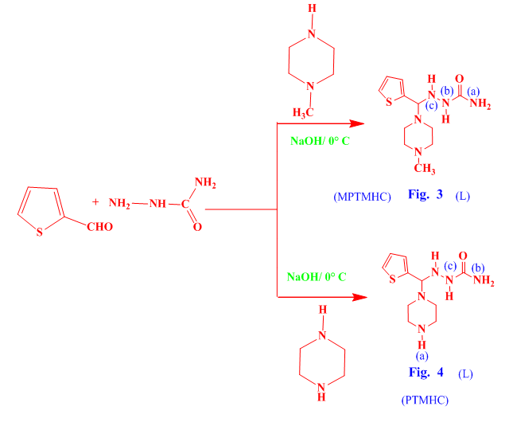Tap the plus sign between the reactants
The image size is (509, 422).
pyautogui.click(x=96, y=202)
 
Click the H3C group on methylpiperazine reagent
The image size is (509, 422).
pyautogui.click(x=304, y=112)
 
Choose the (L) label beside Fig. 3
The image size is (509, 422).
pyautogui.click(x=463, y=196)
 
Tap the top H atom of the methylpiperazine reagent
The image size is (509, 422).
pyautogui.click(x=313, y=9)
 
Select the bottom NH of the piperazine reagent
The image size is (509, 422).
pyautogui.click(x=321, y=389)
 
